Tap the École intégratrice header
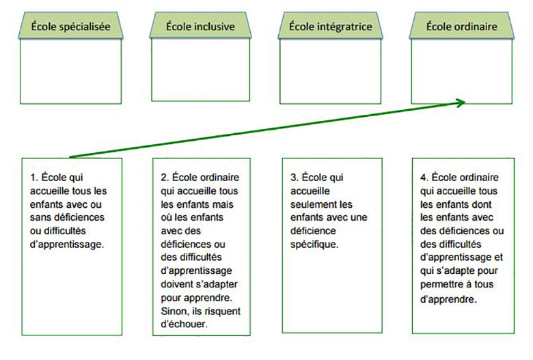coord(329,27)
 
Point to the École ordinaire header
coord(461,27)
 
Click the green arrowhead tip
coord(464,102)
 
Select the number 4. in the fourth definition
coord(424,176)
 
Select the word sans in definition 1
coord(38,217)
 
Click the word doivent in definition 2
coord(177,285)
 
